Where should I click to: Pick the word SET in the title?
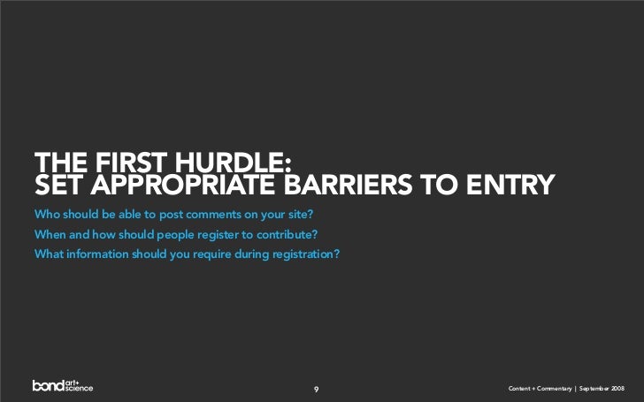tap(58, 185)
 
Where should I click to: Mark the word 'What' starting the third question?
tap(48, 255)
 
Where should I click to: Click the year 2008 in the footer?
tap(617, 390)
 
